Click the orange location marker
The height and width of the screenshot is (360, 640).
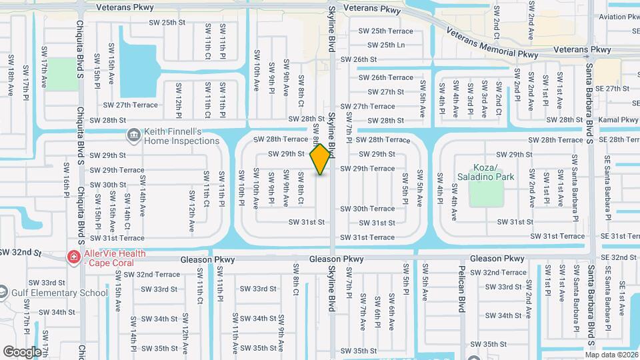pyautogui.click(x=321, y=159)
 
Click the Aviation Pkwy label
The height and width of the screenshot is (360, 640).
pyautogui.click(x=618, y=17)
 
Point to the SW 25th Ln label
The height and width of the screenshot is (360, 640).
pyautogui.click(x=387, y=45)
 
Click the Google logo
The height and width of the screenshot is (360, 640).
pyautogui.click(x=23, y=352)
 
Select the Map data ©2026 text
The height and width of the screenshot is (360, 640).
pyautogui.click(x=611, y=354)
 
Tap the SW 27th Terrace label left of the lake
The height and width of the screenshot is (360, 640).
pyautogui.click(x=130, y=105)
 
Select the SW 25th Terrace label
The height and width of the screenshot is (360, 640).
pyautogui.click(x=386, y=31)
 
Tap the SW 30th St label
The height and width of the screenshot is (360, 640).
pyautogui.click(x=108, y=185)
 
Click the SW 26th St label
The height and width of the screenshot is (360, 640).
pyautogui.click(x=359, y=59)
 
